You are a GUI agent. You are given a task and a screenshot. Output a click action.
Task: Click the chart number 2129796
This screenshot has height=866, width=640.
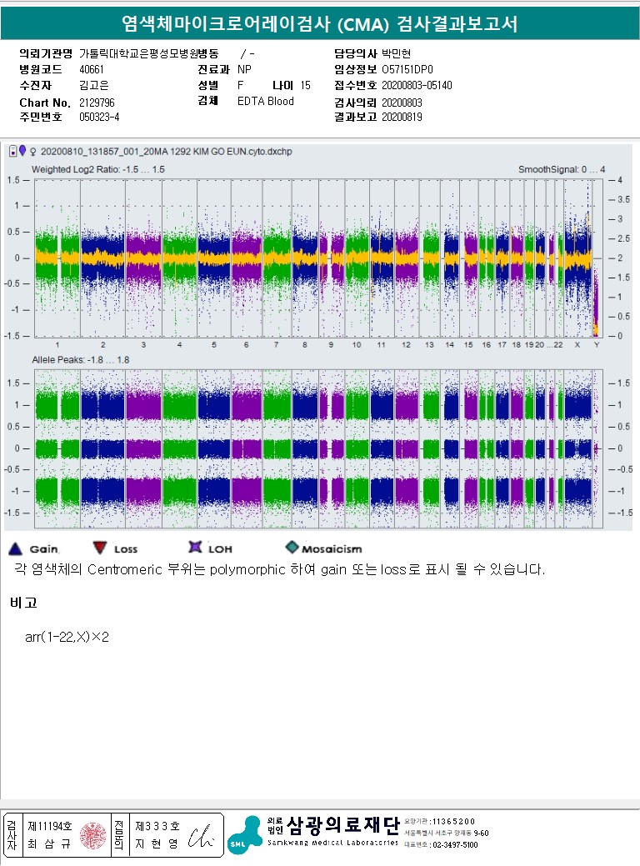[x=97, y=102]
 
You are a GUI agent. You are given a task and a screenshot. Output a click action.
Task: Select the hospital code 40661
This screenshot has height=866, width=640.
[x=92, y=69]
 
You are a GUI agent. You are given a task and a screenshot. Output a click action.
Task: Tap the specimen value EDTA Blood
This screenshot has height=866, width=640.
[x=265, y=102]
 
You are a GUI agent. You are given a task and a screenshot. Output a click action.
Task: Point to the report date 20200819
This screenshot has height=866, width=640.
[x=402, y=118]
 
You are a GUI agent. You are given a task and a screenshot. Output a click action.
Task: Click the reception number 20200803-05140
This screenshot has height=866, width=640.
[x=417, y=85]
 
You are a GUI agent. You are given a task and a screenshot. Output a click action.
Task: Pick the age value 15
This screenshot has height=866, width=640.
[x=305, y=85]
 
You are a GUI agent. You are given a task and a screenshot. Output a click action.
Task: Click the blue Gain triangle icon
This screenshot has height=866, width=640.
[x=15, y=548]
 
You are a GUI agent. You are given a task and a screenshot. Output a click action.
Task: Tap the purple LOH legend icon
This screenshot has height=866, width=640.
[x=195, y=548]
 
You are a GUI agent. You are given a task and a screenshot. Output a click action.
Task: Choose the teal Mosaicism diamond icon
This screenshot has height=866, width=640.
[x=292, y=548]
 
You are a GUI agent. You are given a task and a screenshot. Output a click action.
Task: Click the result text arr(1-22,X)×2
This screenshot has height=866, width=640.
[x=67, y=637]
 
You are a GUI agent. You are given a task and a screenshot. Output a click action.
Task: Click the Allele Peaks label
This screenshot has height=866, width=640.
[x=80, y=360]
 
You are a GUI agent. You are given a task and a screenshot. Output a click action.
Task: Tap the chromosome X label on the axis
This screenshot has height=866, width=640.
[x=577, y=344]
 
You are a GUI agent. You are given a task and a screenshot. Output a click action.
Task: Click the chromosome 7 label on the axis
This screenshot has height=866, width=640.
[x=275, y=344]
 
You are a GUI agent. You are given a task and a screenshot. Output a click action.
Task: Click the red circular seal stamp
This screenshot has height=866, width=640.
[x=92, y=835]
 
